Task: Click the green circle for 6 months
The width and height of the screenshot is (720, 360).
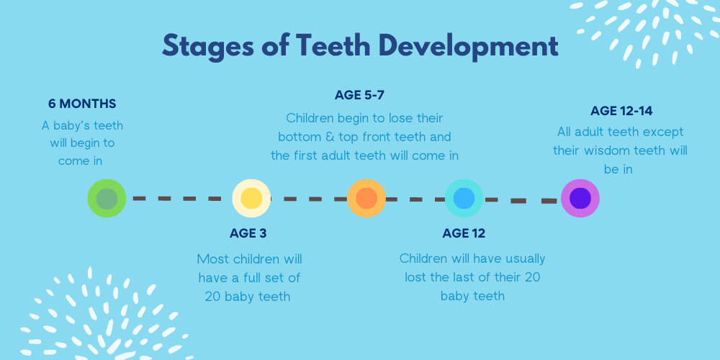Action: (x=107, y=199)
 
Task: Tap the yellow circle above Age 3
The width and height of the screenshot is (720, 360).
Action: (x=251, y=199)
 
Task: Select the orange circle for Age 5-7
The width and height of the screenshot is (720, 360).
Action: (x=366, y=199)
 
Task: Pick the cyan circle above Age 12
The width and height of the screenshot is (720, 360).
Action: (x=464, y=199)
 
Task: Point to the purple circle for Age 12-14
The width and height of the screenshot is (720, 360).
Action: (x=580, y=199)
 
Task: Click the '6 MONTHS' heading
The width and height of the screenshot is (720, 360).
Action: (x=82, y=104)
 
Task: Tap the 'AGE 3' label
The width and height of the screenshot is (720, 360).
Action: (x=248, y=233)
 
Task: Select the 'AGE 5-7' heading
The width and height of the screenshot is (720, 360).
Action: (x=359, y=96)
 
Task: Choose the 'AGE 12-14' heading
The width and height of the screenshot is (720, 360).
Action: (x=621, y=111)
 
